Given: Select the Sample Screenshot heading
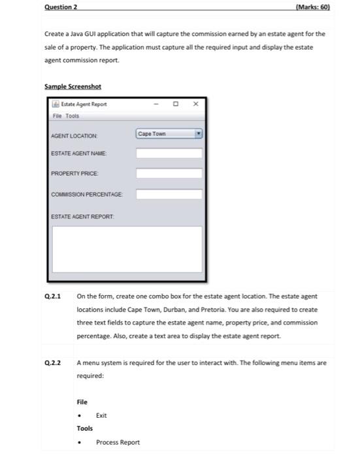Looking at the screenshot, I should (x=73, y=87).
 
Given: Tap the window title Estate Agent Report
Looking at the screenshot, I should (x=84, y=104).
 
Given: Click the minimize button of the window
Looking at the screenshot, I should (x=157, y=104).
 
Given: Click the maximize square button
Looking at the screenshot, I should (x=175, y=104).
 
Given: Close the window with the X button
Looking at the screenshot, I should (x=195, y=104).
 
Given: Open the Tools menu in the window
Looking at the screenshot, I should (x=72, y=116).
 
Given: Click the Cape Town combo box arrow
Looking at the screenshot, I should (x=199, y=134).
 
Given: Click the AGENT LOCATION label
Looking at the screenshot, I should (x=74, y=136).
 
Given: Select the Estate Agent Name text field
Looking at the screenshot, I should (x=169, y=154).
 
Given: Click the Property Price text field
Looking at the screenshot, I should (x=169, y=174).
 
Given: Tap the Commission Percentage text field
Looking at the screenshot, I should (x=169, y=194).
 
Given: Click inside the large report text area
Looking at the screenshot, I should (x=127, y=249).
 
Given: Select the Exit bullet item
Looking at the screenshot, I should (x=101, y=415).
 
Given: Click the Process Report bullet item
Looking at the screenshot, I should (x=118, y=442).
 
